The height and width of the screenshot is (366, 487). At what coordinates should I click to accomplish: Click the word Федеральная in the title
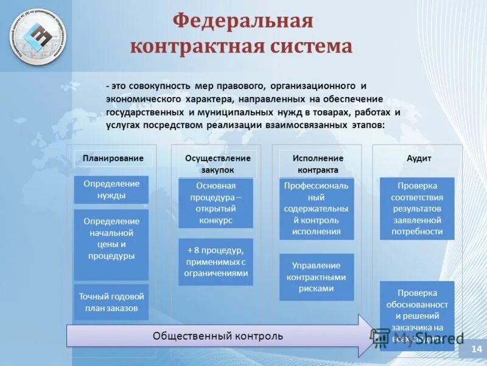tap(242, 21)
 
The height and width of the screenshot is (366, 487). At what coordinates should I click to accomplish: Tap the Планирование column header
tap(113, 158)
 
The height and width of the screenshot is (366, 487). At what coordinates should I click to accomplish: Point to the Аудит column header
tap(419, 158)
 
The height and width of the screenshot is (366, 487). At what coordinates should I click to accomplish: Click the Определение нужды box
tap(111, 190)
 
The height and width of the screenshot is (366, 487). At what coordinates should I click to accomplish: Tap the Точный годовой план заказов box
tap(111, 302)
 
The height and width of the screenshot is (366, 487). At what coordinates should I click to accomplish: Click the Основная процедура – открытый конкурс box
tap(215, 203)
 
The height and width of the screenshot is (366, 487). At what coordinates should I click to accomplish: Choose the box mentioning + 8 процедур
tap(215, 262)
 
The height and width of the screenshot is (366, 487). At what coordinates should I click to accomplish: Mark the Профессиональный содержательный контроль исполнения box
tap(316, 209)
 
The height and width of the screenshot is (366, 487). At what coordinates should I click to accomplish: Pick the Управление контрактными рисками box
tap(316, 277)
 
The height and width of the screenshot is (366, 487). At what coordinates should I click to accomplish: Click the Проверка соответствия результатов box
tap(417, 209)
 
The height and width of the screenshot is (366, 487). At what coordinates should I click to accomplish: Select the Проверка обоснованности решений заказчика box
tap(417, 314)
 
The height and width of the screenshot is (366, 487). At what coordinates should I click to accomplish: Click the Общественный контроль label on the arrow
tap(217, 336)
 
